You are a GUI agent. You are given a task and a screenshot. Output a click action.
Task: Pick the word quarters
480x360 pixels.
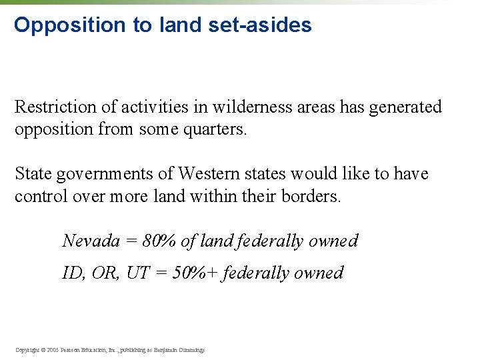click(x=215, y=129)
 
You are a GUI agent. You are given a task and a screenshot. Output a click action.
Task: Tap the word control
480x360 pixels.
click(x=39, y=197)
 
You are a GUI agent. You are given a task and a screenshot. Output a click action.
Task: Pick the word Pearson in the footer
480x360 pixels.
click(x=71, y=349)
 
